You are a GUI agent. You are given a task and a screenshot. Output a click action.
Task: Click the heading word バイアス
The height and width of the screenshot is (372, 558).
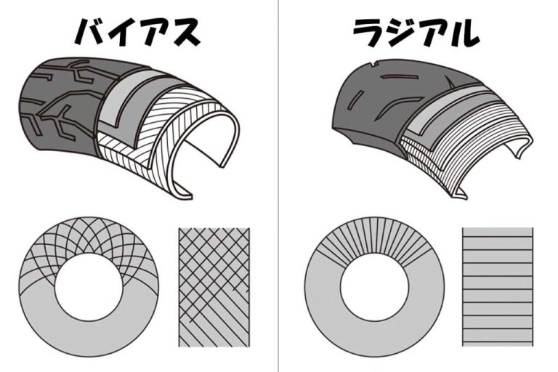tap(137, 33)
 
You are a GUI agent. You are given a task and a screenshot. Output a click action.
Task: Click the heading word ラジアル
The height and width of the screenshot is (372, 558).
tap(416, 33)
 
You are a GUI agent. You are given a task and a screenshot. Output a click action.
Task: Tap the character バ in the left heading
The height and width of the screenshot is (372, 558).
tap(91, 32)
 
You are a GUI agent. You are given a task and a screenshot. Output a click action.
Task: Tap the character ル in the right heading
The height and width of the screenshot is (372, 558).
tap(463, 33)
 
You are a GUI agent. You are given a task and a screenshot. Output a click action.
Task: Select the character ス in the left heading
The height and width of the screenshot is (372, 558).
tap(185, 33)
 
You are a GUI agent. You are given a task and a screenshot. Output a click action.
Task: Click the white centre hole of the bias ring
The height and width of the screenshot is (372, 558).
tap(89, 287)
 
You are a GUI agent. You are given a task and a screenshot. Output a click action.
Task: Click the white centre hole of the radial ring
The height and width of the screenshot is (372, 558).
tap(374, 287)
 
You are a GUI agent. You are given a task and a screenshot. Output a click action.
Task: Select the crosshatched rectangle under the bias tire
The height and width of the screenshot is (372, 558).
tap(214, 287)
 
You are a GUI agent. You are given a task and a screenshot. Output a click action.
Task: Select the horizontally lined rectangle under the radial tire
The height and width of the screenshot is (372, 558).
tap(498, 286)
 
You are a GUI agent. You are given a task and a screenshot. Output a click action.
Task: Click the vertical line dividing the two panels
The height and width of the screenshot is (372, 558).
tap(278, 186)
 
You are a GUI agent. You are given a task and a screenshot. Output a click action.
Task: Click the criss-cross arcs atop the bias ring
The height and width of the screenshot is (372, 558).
tap(89, 238)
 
